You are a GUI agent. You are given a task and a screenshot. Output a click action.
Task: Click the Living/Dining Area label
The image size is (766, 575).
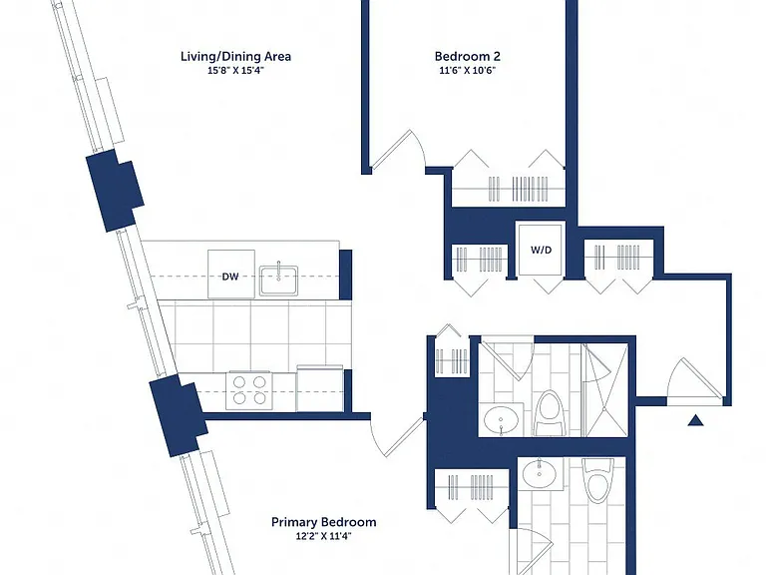pos(236,56)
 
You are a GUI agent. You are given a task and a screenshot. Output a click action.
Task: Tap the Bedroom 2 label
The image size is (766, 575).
pos(468,56)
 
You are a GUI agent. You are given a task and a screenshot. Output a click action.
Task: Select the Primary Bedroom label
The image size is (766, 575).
pos(324,522)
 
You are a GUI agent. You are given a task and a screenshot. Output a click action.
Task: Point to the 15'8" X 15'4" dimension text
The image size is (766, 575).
pos(236,71)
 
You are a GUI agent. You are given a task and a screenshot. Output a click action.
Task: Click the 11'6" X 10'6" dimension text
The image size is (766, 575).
pos(468,71)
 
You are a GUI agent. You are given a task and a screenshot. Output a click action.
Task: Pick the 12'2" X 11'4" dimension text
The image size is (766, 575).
pos(323,536)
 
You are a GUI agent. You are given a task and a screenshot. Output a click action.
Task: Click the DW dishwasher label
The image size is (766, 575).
pos(230,277)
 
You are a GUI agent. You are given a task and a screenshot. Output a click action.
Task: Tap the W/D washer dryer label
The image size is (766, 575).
pos(542,250)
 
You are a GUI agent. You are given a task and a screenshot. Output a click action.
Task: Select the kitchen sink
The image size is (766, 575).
pos(278,281)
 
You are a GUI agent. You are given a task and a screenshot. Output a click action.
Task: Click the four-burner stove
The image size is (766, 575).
pos(249,390)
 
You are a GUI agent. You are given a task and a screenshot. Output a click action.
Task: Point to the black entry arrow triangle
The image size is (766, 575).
pos(695,420)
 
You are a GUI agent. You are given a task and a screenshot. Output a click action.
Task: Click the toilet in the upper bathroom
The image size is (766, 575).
pos(550,413)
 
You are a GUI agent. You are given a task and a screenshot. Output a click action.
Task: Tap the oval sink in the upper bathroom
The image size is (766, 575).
pos(502,420)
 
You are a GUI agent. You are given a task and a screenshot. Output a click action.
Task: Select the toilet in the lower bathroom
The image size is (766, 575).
pos(598,481)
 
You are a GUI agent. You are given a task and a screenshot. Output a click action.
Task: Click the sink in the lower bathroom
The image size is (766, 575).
pos(540,473)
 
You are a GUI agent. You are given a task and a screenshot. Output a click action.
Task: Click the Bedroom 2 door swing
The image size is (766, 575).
pos(398,149)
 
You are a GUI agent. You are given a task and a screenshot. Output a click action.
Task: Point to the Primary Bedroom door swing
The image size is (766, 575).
pos(397,436)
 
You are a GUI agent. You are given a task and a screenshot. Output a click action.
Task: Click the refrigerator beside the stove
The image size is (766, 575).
pos(320,388)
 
